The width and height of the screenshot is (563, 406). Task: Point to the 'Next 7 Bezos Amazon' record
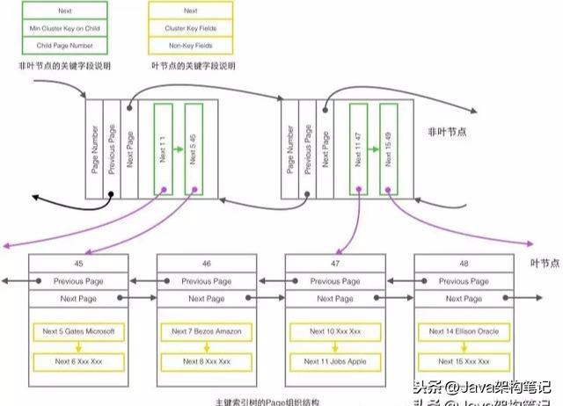(x=206, y=332)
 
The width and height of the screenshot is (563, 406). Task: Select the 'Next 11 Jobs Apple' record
(x=335, y=361)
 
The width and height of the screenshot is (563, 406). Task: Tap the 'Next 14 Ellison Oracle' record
(x=463, y=332)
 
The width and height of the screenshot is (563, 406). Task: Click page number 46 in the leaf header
(x=206, y=263)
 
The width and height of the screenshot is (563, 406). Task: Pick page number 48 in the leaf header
(x=463, y=263)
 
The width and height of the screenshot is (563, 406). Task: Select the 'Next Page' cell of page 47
(x=335, y=299)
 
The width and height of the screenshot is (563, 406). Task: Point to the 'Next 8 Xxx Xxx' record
(x=206, y=361)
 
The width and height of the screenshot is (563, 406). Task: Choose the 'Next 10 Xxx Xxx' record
(x=335, y=332)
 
